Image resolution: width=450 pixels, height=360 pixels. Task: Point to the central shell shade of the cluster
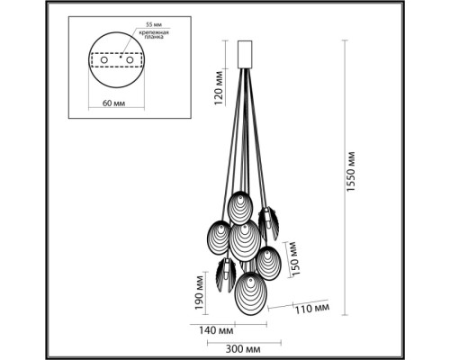243,239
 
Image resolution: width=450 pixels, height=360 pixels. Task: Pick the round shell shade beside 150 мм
270,264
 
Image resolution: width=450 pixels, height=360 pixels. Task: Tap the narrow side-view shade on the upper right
266,220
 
